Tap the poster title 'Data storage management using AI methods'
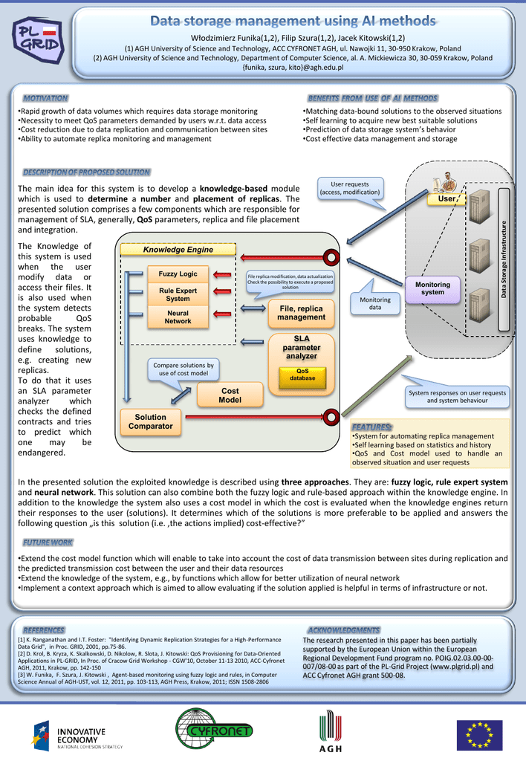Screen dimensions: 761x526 click(293, 21)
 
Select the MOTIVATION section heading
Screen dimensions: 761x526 click(45, 98)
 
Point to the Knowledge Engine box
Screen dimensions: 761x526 click(178, 250)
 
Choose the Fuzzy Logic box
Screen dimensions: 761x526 click(178, 274)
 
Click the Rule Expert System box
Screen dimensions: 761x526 click(178, 294)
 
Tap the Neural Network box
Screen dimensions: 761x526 click(178, 317)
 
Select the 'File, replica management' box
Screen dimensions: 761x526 click(301, 313)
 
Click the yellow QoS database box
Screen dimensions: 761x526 click(302, 375)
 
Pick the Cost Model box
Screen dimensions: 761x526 click(230, 395)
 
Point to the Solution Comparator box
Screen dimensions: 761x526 click(150, 422)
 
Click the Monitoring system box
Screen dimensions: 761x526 click(432, 288)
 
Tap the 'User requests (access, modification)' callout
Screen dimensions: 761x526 click(349, 189)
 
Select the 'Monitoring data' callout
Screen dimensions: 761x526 click(374, 303)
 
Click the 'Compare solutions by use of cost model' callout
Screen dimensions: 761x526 click(183, 369)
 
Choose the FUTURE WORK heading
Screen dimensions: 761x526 click(48, 542)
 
